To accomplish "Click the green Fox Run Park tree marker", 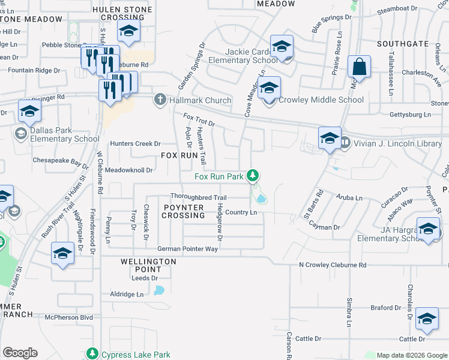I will [254, 175].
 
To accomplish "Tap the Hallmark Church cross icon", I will [160, 99].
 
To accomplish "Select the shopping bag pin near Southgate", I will [359, 67].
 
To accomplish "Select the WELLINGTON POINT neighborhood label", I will [148, 266].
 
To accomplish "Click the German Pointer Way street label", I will [187, 249].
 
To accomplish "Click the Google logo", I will [20, 353].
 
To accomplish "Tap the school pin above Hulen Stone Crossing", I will [128, 31].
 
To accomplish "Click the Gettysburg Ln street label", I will [411, 114].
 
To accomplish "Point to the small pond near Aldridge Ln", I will [159, 291].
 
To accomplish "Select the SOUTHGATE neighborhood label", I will [403, 44].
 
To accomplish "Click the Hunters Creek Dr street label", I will [136, 143].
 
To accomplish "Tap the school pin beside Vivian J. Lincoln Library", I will [330, 139].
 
